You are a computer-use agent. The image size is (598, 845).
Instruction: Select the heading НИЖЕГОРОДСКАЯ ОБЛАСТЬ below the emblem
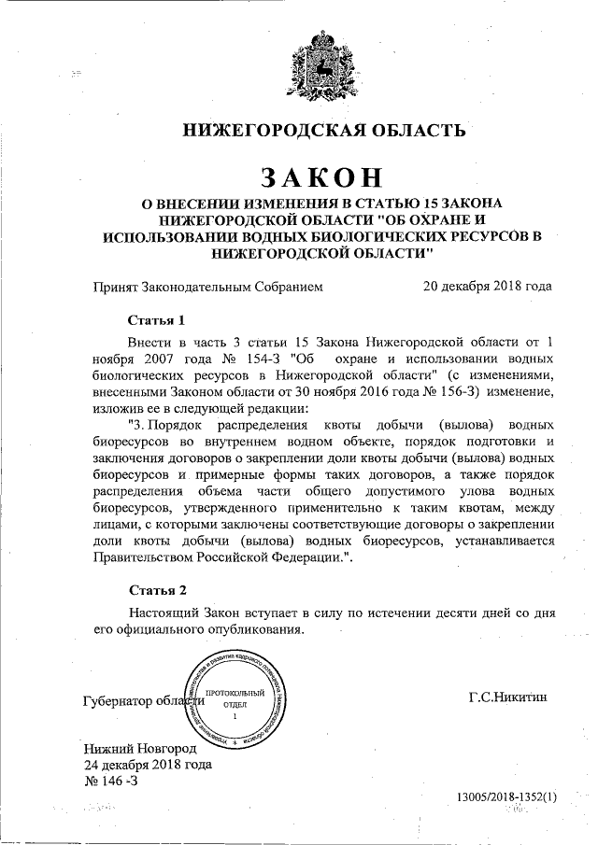(x=321, y=129)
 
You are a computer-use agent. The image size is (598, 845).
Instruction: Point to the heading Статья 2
(x=158, y=590)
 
